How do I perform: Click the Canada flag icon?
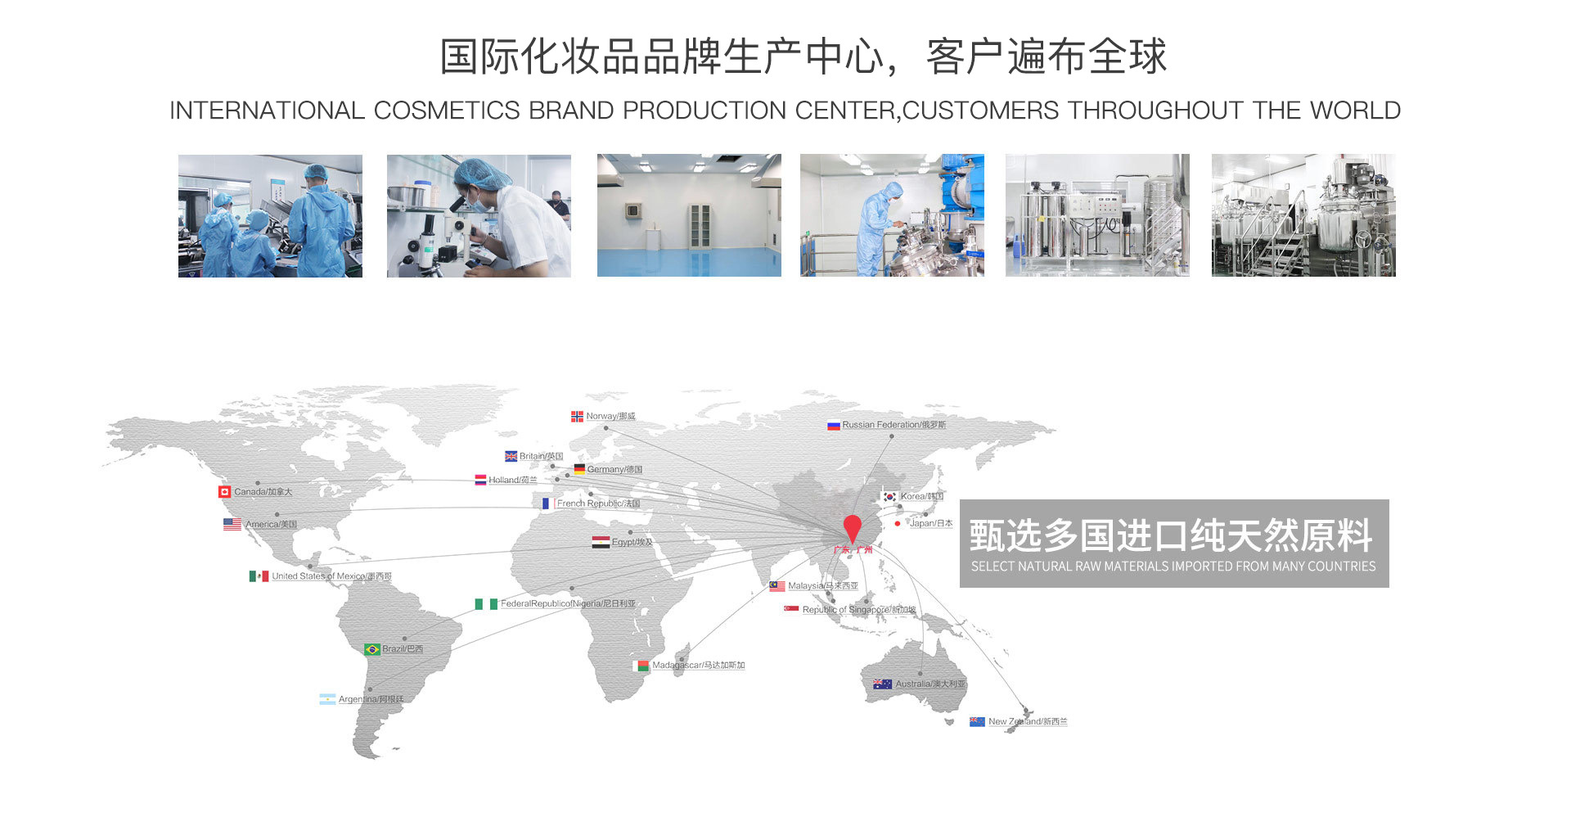[224, 492]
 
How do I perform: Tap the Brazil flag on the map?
[372, 649]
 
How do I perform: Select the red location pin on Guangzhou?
[852, 528]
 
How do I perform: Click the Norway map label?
[610, 417]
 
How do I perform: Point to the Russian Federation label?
[894, 425]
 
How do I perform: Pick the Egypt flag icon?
[601, 542]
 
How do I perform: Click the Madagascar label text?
[698, 666]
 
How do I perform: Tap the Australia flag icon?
[882, 684]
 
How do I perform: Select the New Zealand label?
[1027, 722]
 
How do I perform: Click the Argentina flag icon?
[327, 699]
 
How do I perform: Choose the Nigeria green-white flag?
[486, 604]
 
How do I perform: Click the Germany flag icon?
[579, 469]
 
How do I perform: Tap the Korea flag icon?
[889, 497]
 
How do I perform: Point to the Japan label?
[931, 523]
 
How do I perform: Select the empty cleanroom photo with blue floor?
[689, 215]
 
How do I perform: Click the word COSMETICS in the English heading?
[447, 111]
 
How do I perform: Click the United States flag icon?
[232, 524]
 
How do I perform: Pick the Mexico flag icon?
[259, 576]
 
